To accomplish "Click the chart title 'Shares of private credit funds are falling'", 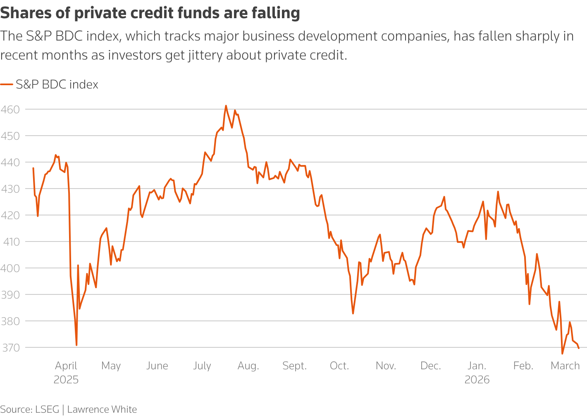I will (150, 13).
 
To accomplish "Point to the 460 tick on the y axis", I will (10, 110).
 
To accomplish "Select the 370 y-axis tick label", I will (10, 348).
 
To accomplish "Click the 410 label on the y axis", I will (10, 242).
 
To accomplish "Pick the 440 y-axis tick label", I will (10, 163).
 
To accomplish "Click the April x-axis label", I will (66, 366).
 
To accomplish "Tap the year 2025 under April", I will (66, 380).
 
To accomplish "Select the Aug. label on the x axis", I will (248, 366).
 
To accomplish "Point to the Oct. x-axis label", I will (339, 366).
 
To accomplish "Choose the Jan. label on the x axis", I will (477, 366).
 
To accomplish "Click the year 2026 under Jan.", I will (477, 380).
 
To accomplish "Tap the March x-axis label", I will (565, 366).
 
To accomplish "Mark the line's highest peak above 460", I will (226, 106).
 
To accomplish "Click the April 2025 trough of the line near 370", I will (76, 345).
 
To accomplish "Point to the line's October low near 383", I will (353, 313).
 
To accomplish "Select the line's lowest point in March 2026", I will (562, 354).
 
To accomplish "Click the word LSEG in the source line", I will (47, 409).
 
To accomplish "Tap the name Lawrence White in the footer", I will (102, 409).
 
